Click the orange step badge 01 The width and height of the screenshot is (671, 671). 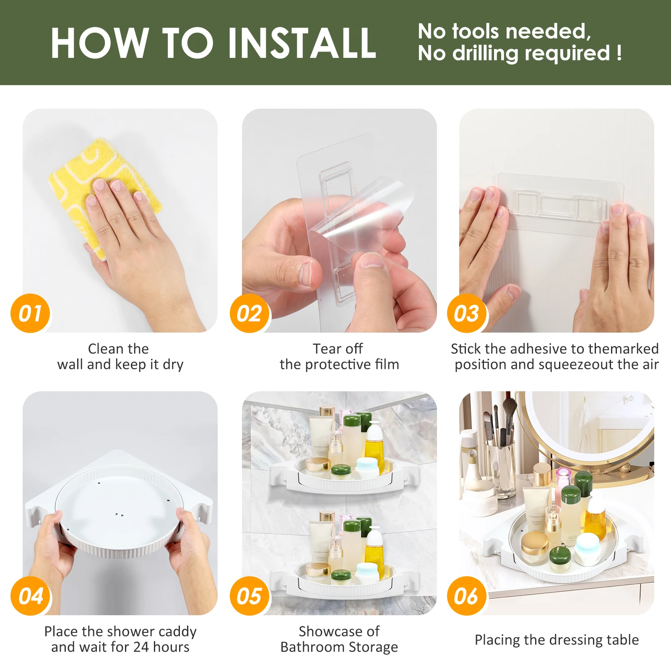[x=30, y=313]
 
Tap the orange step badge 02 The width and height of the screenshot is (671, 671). [x=250, y=313]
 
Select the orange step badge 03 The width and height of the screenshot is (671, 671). [x=467, y=313]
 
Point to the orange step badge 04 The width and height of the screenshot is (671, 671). [x=30, y=596]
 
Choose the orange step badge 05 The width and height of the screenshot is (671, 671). [x=250, y=596]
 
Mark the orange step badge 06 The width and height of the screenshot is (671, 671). [x=467, y=596]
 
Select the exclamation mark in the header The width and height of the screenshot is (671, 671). [x=619, y=53]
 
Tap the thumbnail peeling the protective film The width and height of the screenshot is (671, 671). [x=339, y=221]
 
